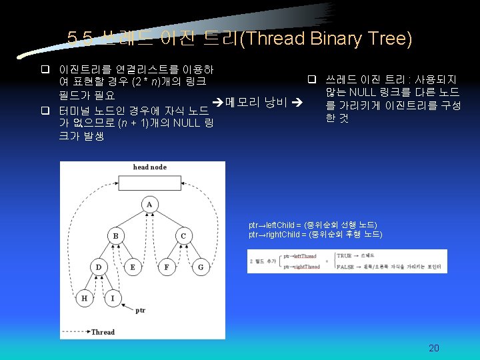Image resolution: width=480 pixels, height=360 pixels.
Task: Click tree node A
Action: [149, 204]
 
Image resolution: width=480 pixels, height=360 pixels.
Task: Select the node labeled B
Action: [115, 236]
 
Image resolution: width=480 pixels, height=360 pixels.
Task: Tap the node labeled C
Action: [183, 236]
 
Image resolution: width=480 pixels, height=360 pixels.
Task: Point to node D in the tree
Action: [98, 267]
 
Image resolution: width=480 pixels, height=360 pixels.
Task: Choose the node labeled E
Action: [132, 267]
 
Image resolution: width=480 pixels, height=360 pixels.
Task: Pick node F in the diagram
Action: [166, 267]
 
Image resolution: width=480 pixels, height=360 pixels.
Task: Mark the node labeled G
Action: [201, 267]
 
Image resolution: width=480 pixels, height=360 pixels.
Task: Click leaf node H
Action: [84, 298]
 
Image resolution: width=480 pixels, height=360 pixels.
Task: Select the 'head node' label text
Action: [149, 167]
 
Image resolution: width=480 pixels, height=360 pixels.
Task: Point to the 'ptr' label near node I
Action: [141, 310]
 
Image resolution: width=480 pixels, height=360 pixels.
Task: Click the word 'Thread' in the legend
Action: [103, 332]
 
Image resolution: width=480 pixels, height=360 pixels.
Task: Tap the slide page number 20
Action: [434, 348]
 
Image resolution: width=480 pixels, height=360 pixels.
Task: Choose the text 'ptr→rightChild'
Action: [274, 235]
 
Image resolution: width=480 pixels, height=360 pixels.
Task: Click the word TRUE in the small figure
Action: [344, 255]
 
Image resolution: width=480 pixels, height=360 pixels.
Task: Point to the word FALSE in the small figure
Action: [345, 266]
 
